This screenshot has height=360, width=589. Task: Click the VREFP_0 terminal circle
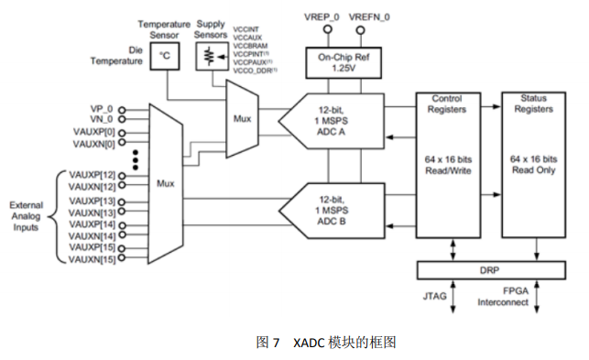328,29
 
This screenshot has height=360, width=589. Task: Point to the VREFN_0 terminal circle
360,29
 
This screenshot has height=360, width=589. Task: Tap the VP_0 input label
102,109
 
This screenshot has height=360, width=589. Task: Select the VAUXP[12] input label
92,175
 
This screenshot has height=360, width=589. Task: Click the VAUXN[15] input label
92,259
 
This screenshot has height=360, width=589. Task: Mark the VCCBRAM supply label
250,46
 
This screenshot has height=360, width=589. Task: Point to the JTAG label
434,296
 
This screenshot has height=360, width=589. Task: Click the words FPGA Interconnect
503,297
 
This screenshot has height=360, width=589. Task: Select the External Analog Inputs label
26,216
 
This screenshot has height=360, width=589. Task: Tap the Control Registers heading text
447,104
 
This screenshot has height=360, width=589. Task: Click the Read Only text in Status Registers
534,169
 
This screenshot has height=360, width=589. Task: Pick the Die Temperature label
116,56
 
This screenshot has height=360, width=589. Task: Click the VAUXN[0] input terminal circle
122,142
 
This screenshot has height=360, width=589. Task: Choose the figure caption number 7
276,343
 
